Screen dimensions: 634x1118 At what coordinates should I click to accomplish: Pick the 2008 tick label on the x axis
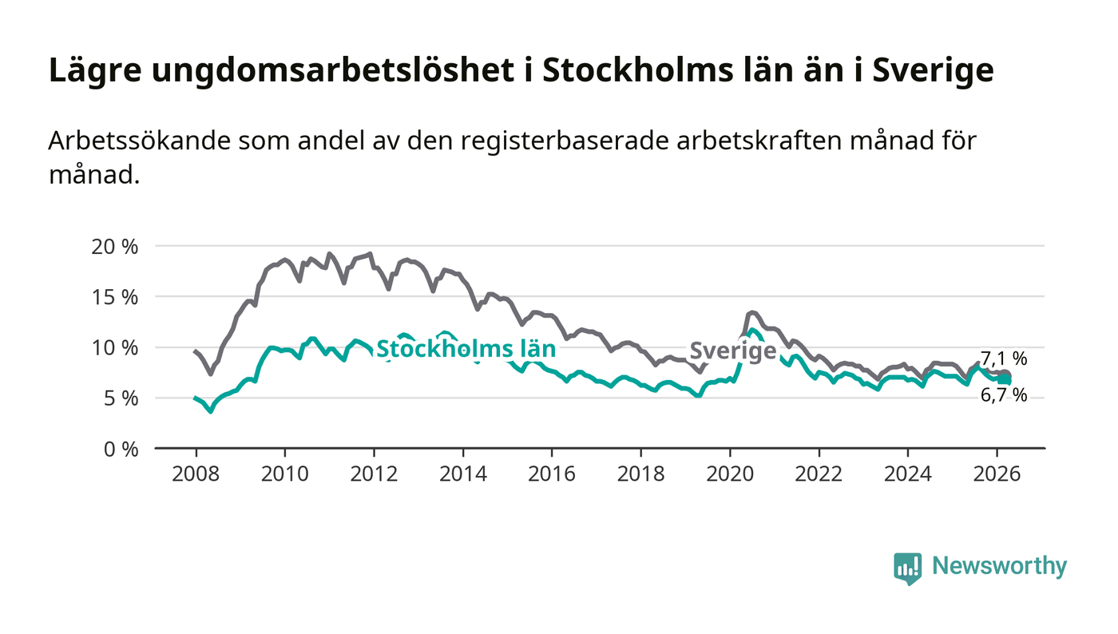point(196,474)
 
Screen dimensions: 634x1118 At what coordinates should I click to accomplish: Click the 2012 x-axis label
point(374,474)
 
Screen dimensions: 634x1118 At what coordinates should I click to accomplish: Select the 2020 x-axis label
point(730,474)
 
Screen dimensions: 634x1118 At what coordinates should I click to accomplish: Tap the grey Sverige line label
point(732,351)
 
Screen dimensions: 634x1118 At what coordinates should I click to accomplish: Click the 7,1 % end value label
point(1004,359)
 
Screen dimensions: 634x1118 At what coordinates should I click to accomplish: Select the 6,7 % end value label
point(1004,394)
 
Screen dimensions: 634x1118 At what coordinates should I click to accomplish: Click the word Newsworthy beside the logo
point(999,566)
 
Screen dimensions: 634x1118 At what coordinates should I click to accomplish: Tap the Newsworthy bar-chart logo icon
point(907,568)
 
